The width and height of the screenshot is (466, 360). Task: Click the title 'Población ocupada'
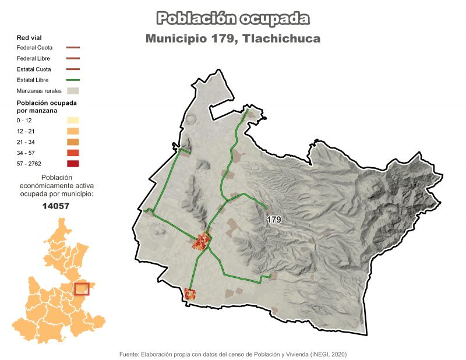coord(233,18)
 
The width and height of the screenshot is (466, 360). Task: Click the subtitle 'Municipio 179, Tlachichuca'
coord(233,38)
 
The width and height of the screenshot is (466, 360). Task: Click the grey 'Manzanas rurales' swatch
coord(73,91)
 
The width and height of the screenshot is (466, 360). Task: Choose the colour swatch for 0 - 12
coord(73,120)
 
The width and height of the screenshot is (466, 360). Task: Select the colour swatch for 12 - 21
coord(73,131)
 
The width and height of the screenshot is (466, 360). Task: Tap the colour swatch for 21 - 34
coord(73,142)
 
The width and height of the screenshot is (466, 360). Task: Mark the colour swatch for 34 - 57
coord(73,153)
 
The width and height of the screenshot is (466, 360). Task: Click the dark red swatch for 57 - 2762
coord(73,164)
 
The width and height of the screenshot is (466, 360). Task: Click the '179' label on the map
coord(274,220)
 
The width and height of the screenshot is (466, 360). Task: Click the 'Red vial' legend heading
coord(29,37)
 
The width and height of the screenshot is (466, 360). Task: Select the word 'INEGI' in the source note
coord(318,354)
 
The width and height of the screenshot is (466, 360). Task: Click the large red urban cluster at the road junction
coord(202,241)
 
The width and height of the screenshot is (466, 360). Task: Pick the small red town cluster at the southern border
coord(189,294)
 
